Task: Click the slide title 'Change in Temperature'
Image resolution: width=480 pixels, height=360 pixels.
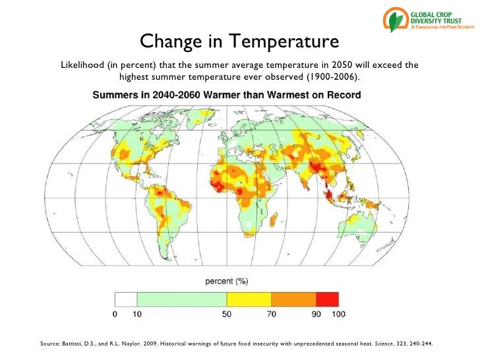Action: [239, 42]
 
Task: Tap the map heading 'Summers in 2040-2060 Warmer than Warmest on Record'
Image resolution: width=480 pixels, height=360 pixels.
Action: [226, 95]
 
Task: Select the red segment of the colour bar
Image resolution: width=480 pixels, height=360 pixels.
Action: [327, 300]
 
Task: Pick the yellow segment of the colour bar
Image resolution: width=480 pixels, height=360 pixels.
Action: [249, 300]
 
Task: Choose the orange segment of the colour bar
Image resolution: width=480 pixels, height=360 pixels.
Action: [293, 300]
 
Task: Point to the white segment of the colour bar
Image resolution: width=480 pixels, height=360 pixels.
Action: [126, 300]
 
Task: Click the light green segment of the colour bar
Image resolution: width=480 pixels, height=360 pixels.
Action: [181, 300]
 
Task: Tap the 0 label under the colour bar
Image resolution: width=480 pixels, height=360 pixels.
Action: [115, 315]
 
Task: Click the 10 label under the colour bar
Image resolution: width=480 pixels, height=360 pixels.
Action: [136, 315]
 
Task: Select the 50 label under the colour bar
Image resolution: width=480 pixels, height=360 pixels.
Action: [226, 315]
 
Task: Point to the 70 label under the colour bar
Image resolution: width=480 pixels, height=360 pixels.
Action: [271, 315]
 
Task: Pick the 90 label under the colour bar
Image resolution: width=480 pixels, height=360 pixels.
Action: [316, 315]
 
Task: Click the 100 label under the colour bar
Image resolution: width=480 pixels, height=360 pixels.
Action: [338, 315]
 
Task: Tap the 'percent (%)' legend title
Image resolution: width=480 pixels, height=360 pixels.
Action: [226, 282]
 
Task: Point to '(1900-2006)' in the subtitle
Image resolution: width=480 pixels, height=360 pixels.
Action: [332, 78]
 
